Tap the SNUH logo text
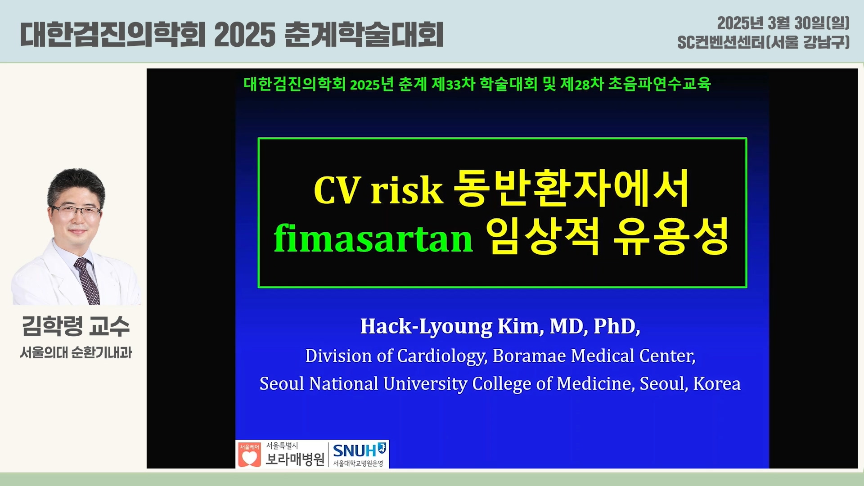pos(355,450)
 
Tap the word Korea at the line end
pos(716,383)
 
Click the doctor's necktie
pos(87,281)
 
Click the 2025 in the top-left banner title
pos(245,35)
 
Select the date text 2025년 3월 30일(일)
pos(783,23)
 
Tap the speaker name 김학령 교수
pos(76,326)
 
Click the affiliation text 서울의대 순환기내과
pos(76,352)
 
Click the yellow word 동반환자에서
pos(571,188)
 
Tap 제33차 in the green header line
pos(453,84)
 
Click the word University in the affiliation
pos(425,384)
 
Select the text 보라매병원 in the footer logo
pos(295,459)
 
